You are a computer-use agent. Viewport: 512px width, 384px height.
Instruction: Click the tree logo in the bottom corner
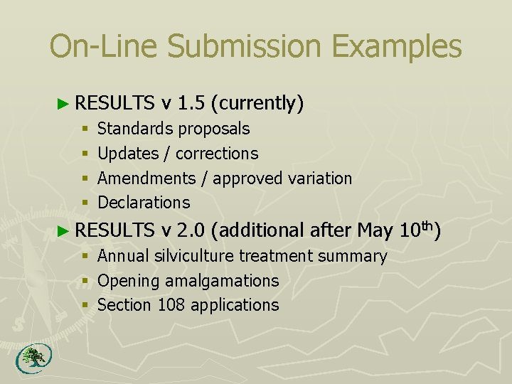point(31,359)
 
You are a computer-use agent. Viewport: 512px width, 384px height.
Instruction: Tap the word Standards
point(135,129)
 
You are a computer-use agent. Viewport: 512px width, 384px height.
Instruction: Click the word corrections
point(217,154)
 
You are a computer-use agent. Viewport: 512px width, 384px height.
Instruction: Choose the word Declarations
point(144,203)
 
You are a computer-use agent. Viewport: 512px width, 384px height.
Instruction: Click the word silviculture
point(193,256)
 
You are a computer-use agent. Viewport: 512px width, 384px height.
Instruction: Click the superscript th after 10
point(425,225)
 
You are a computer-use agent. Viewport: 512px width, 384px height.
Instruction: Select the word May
point(374,230)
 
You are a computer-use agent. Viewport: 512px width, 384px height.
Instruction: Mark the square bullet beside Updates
point(85,154)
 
